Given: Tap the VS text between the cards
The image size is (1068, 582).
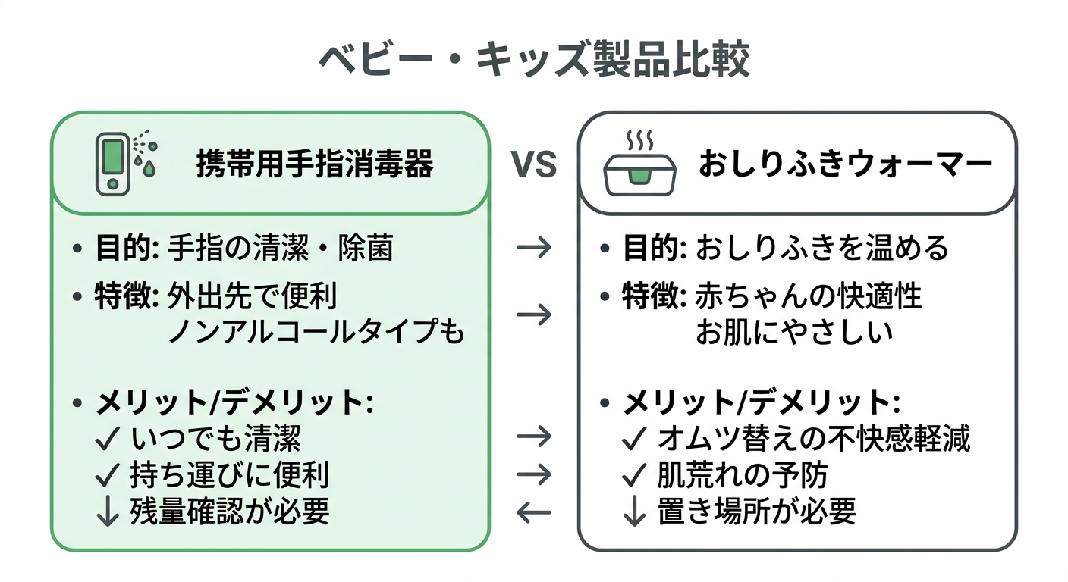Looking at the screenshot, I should coord(534,164).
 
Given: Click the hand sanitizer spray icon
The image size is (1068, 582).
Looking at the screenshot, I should coord(126,163).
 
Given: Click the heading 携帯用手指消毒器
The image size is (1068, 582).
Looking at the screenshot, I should coord(315,164).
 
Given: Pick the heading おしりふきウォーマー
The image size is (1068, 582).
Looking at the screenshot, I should coord(845,164).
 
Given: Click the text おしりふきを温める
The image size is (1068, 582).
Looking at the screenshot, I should coord(821,248).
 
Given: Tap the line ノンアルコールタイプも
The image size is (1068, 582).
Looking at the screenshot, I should coord(315,331).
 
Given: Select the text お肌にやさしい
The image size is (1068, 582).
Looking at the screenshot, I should coord(794,331).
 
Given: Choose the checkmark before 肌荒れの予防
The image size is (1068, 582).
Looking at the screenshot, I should coord(633,475).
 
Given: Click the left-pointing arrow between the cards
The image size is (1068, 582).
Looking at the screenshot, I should coord(533,513).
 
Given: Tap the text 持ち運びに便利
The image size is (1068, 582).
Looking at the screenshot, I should coord(230,475).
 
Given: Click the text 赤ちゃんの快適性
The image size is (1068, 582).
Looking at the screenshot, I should coord(809,296).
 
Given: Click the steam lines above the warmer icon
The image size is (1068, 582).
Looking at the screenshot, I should coord(638,141).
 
